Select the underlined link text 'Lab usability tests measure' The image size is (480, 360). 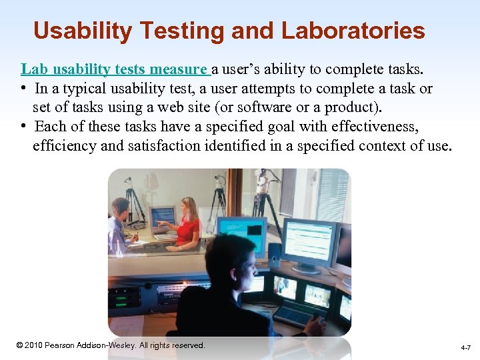115,69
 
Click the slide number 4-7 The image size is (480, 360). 465,348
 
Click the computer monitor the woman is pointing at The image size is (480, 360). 162,217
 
